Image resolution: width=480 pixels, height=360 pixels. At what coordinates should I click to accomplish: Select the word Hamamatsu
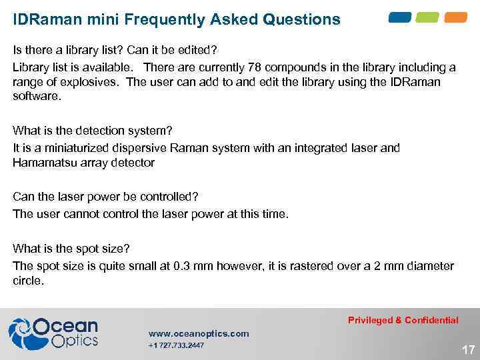click(42, 162)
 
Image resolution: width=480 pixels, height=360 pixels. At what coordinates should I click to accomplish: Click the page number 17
click(468, 349)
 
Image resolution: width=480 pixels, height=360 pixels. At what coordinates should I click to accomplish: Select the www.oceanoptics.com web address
click(198, 333)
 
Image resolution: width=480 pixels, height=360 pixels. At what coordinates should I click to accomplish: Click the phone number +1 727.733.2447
click(176, 345)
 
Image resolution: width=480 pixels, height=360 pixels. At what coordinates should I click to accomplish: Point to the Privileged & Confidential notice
click(403, 320)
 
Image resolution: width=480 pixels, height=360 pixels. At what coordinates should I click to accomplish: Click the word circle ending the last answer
click(27, 281)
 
